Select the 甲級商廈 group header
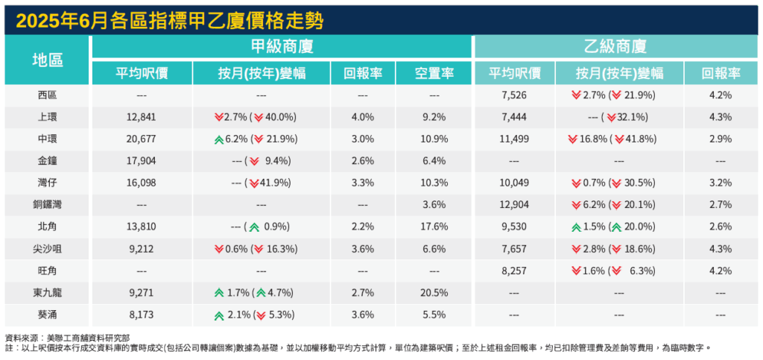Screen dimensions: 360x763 coord(282,46)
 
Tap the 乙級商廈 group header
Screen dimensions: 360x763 coord(615,46)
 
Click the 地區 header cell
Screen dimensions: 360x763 coord(47,60)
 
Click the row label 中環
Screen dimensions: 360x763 coord(47,139)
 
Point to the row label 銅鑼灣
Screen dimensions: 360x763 coord(47,205)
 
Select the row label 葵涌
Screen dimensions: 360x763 coord(47,315)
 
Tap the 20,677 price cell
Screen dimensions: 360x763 coord(141,139)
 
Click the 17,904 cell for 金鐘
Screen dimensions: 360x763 coord(141,161)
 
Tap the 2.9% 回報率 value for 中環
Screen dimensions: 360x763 coord(720,139)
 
